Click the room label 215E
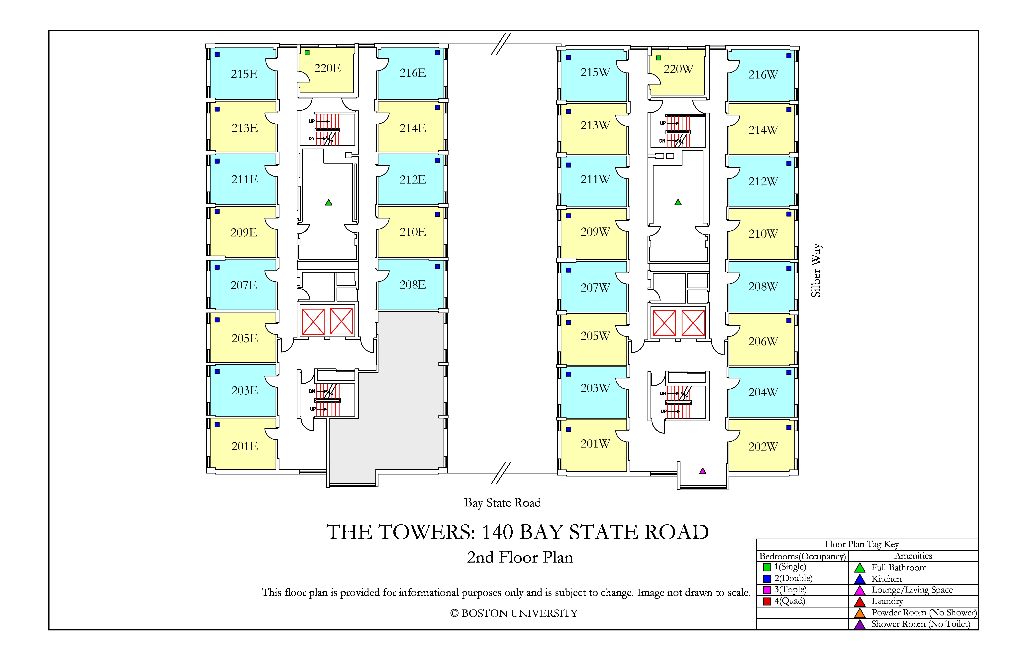click(x=244, y=74)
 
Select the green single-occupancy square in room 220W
click(x=659, y=58)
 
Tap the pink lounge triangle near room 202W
click(x=702, y=471)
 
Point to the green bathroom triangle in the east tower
click(x=329, y=202)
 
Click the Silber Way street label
click(x=816, y=270)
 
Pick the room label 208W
click(x=763, y=287)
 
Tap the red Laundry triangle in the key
click(x=860, y=602)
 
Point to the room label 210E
click(x=413, y=232)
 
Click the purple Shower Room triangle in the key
click(x=860, y=624)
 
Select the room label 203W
click(x=595, y=388)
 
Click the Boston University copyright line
click(x=514, y=613)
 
